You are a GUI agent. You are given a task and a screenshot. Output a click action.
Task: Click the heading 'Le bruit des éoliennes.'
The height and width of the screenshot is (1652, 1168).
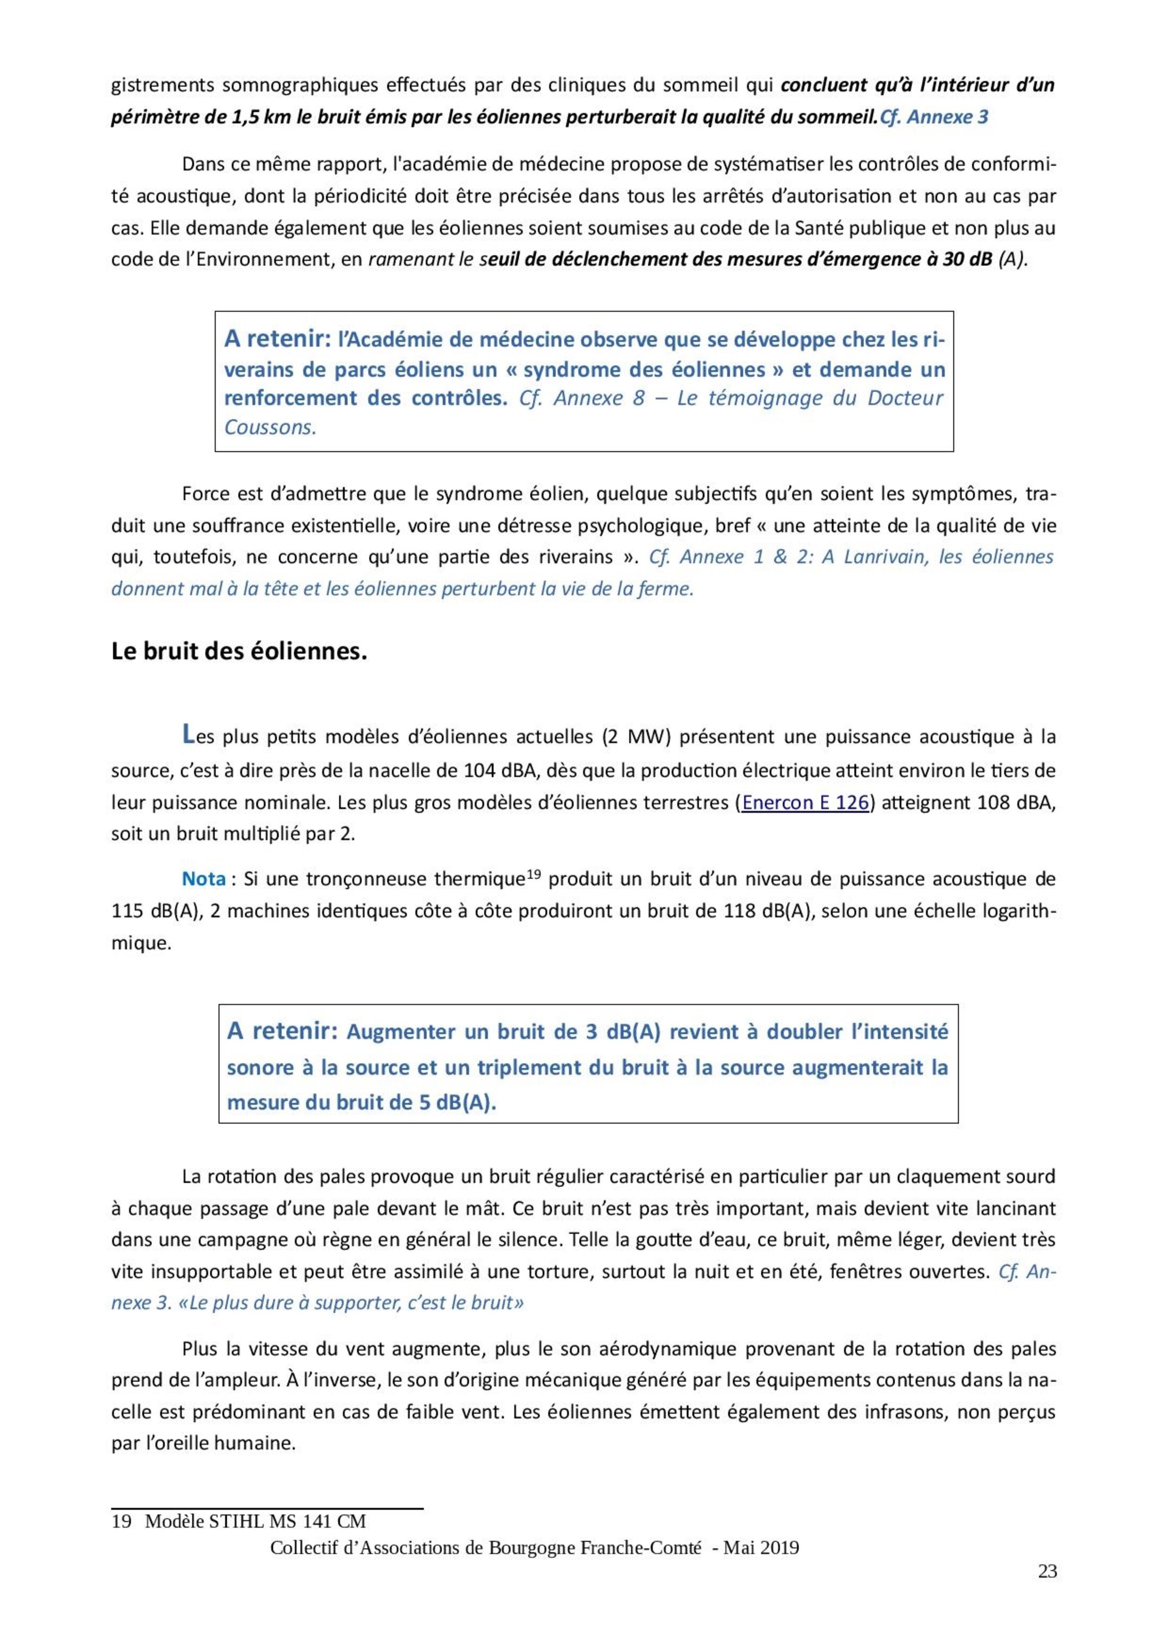[239, 652]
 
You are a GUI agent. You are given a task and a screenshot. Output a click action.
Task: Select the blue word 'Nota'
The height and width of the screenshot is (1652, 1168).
[204, 879]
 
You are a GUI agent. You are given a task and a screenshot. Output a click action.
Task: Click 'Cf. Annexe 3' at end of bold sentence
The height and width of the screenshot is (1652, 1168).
[934, 117]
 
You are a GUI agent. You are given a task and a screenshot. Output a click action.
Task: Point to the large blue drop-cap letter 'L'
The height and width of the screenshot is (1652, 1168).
[188, 734]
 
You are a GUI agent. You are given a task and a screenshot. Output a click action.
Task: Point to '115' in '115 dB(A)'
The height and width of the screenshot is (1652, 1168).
[127, 911]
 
